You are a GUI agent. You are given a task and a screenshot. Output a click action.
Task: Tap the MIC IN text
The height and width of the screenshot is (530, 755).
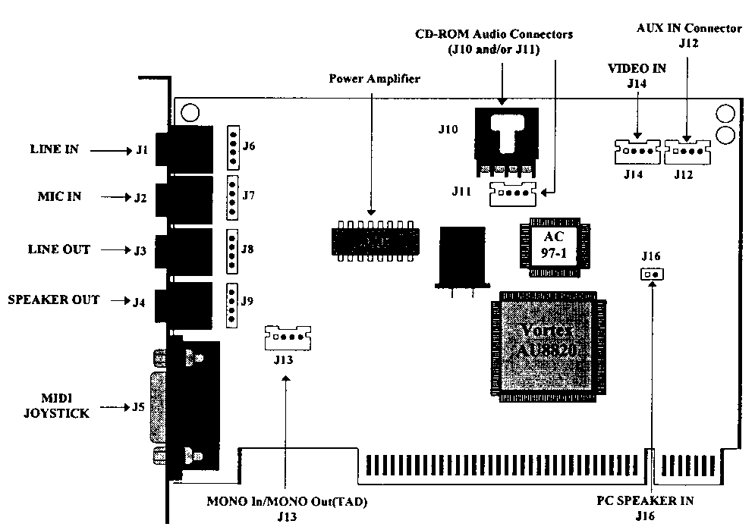point(59,197)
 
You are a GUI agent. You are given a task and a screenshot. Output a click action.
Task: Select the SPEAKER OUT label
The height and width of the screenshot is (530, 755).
point(54,300)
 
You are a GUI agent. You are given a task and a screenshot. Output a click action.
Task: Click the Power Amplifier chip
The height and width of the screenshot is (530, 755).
point(375,240)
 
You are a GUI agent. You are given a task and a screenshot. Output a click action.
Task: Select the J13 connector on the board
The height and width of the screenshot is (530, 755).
point(288,337)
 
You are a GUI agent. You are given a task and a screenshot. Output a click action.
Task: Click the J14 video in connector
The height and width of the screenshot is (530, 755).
point(635,151)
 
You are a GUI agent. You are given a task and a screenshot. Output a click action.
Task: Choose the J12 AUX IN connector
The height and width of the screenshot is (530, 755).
point(687,151)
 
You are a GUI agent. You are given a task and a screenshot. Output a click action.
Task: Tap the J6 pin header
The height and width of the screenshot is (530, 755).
point(231,146)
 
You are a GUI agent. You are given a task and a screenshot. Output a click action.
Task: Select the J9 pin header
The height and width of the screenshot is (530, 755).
point(231,304)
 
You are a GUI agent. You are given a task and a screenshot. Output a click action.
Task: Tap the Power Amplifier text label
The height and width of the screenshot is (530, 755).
point(374,78)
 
